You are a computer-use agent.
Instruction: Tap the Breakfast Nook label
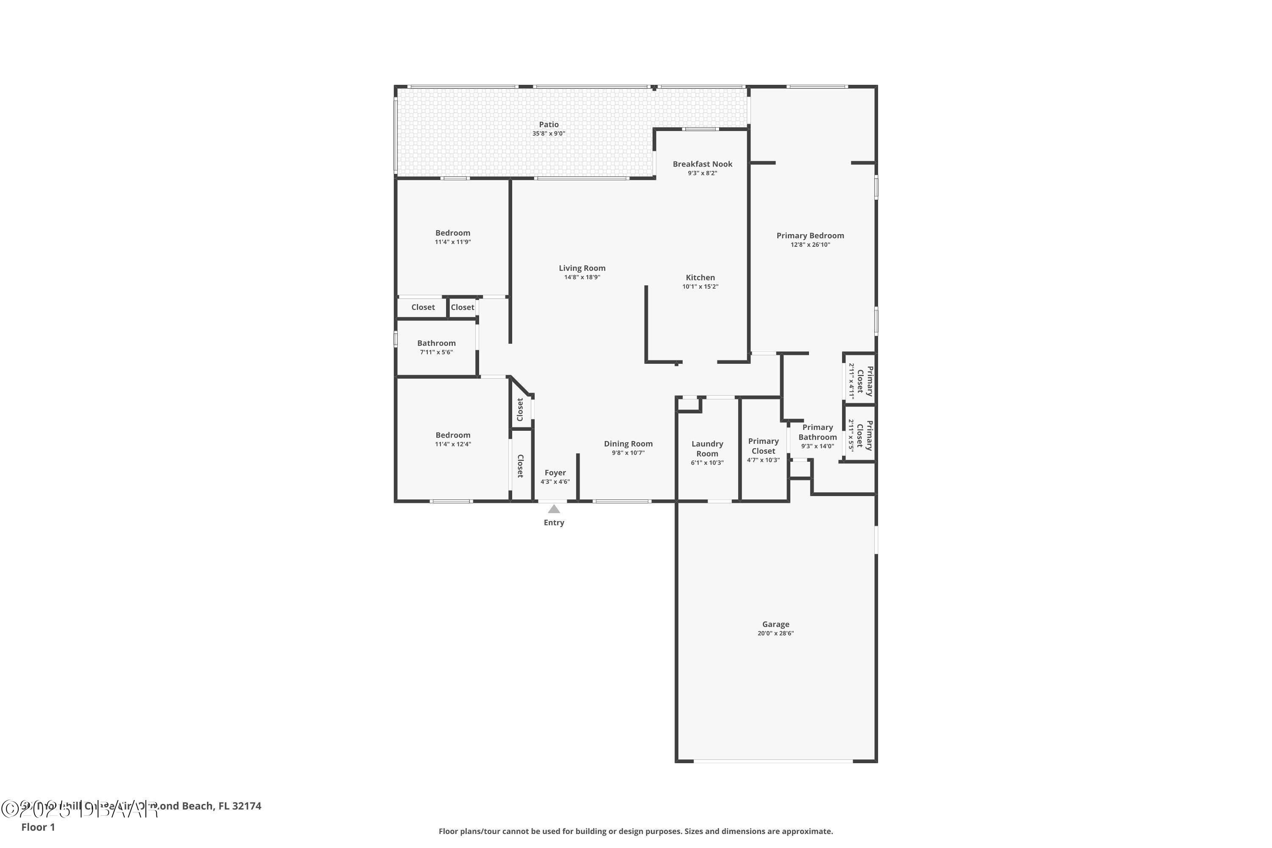(702, 164)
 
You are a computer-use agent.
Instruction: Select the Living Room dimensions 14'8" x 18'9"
(582, 277)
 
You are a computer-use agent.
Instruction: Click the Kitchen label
(700, 277)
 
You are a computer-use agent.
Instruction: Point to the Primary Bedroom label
(809, 235)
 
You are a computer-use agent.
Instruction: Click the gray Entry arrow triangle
(553, 509)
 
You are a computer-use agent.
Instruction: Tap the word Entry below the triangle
(553, 522)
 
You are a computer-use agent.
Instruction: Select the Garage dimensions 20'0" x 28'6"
(775, 633)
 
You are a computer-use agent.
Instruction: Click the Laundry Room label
(707, 448)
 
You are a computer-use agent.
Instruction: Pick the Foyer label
(555, 473)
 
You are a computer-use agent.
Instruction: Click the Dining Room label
(628, 444)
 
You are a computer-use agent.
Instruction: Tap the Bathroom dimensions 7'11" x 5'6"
(436, 352)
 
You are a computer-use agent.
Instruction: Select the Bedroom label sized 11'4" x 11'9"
(453, 233)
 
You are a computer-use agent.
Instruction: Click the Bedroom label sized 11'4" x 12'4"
(453, 435)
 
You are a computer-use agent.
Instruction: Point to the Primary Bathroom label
(817, 432)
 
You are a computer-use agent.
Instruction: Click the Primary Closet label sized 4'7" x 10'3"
(763, 446)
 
